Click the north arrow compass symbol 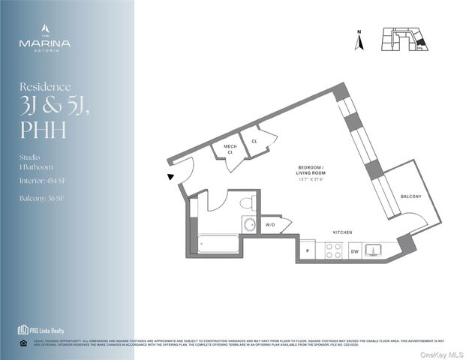[359, 42]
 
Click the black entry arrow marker [171, 177]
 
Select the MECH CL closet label [224, 149]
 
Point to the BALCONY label [410, 196]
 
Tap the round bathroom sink [250, 224]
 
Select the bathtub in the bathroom [218, 244]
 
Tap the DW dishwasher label [355, 252]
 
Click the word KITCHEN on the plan [341, 232]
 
